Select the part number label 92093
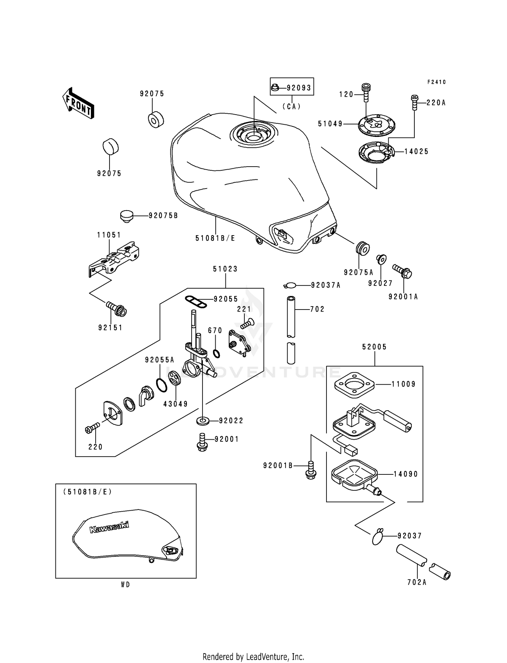298,88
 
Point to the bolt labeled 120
366,92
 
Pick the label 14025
416,151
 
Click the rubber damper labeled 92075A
363,248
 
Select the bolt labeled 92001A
402,271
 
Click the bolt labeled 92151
117,308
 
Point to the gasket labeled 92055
196,301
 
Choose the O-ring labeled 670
217,354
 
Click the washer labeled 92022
202,421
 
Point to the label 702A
417,582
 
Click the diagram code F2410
436,82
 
